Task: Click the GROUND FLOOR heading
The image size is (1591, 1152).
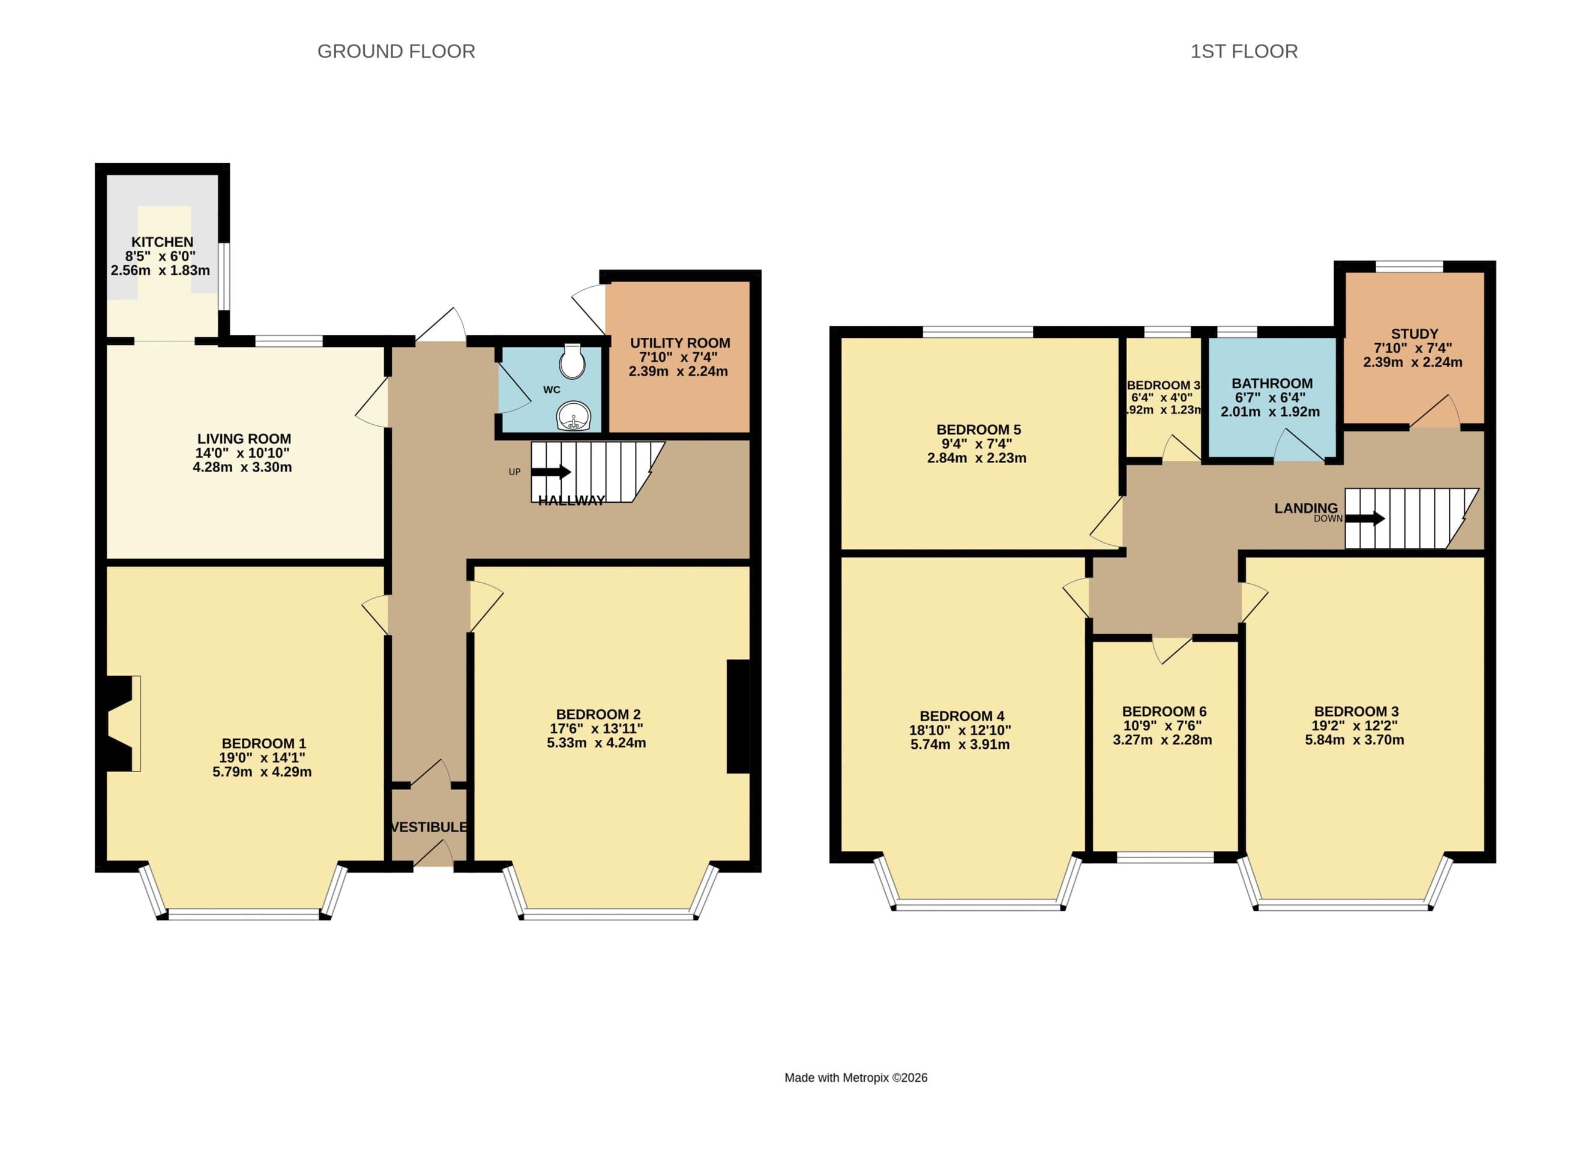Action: coord(395,51)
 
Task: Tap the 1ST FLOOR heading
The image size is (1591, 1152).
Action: coord(1243,51)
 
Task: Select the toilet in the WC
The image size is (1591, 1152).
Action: coord(573,362)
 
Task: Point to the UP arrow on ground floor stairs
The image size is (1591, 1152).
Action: coord(552,472)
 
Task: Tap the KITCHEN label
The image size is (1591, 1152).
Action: coord(162,242)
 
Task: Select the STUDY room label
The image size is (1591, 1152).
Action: coord(1414,334)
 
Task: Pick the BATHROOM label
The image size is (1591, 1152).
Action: coord(1272,383)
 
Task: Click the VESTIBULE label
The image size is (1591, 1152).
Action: coord(428,827)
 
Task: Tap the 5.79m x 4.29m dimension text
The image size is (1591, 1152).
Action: coord(262,772)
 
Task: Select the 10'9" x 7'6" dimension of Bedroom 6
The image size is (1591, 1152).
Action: coord(1164,725)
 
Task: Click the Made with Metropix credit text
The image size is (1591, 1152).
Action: coord(855,1078)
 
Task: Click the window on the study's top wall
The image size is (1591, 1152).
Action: coord(1409,266)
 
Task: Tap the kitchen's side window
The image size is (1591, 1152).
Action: coord(223,275)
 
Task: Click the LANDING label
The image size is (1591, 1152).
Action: coord(1305,508)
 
